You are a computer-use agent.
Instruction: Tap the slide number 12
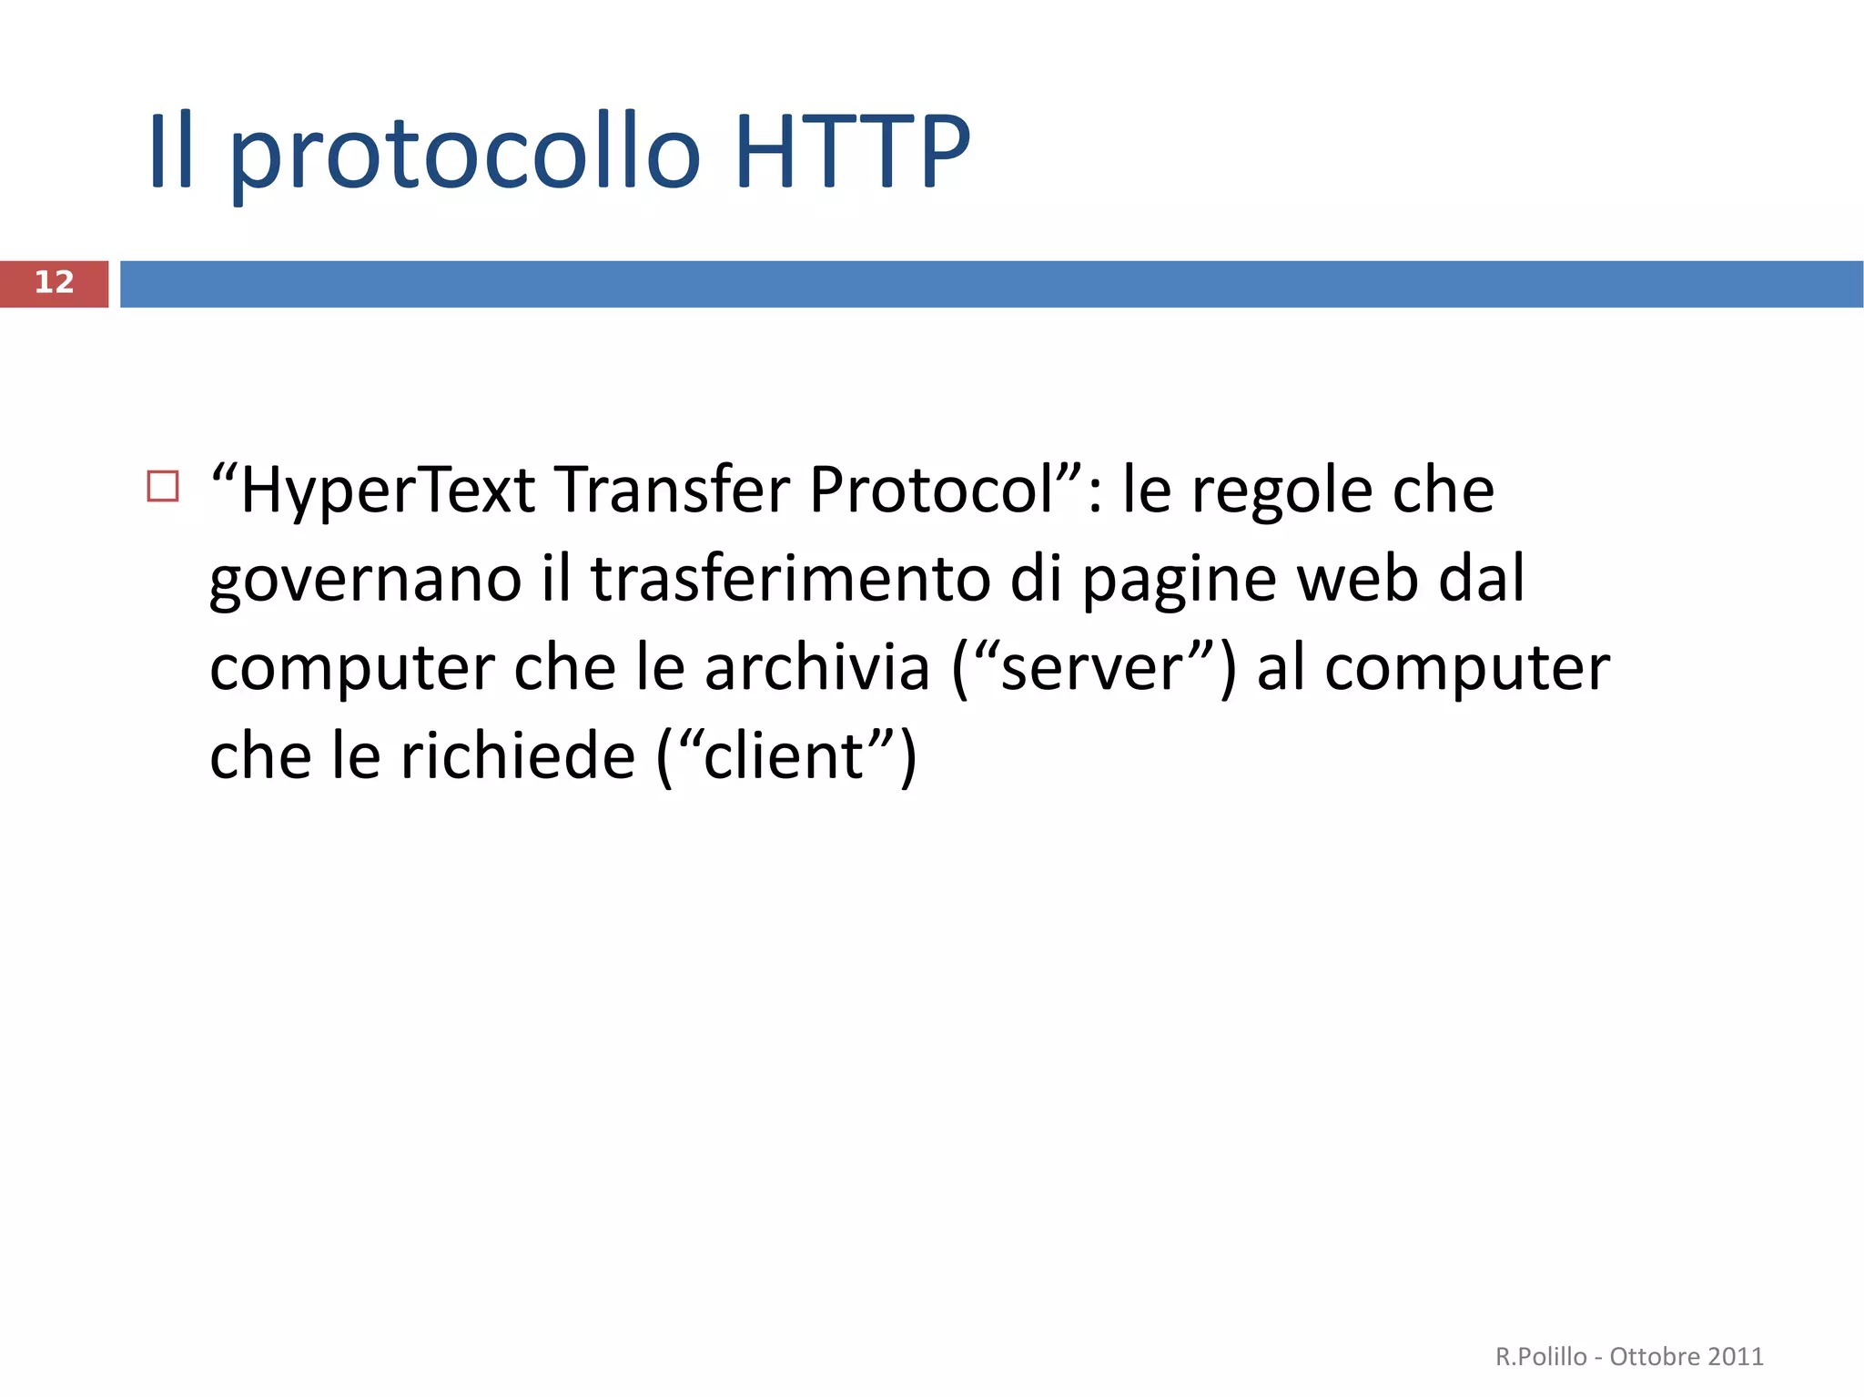tap(54, 282)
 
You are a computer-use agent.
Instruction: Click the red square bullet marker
tap(163, 487)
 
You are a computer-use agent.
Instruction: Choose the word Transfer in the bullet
tap(674, 491)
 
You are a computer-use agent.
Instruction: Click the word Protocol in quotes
tap(933, 491)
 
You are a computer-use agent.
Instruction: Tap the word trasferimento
tap(790, 580)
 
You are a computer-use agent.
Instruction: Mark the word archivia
tap(817, 668)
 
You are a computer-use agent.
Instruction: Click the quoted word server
tap(1090, 669)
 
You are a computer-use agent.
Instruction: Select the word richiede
tap(518, 756)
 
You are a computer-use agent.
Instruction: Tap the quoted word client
tap(784, 756)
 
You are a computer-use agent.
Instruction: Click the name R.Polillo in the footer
tap(1541, 1356)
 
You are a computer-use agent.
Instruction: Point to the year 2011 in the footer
tap(1736, 1356)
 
